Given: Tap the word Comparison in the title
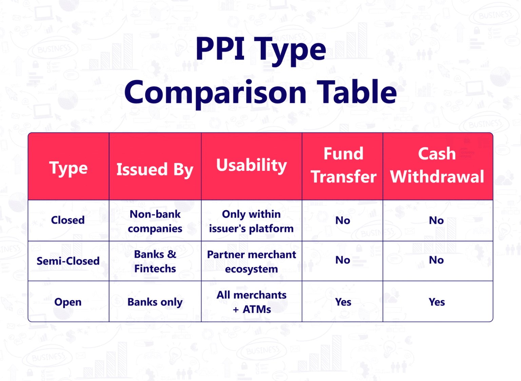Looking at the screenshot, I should click(x=216, y=93).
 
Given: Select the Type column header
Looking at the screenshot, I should click(x=69, y=168).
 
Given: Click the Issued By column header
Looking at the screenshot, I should click(x=155, y=169).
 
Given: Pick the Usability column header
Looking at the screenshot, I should click(x=251, y=165).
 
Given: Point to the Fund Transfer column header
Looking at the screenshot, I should click(x=343, y=165).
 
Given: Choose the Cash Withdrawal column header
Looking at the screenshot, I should click(x=437, y=165).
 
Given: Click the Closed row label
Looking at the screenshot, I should click(x=68, y=220).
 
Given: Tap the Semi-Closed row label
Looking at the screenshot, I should click(x=68, y=261).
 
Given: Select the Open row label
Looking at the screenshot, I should click(x=68, y=302).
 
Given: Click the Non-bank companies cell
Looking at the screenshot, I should click(x=155, y=221).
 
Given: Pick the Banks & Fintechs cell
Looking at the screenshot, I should click(x=155, y=261).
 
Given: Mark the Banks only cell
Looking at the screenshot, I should click(x=155, y=302).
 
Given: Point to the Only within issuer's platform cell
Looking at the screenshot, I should click(x=251, y=221).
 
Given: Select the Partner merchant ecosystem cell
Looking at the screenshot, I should click(x=251, y=262).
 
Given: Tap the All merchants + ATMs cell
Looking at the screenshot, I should click(x=251, y=302).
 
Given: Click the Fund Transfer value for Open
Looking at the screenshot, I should click(x=343, y=302).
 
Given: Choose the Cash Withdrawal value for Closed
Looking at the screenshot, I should click(x=436, y=220).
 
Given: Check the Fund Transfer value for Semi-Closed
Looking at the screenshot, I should click(x=343, y=260).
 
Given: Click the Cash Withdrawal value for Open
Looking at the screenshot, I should click(x=437, y=302).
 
